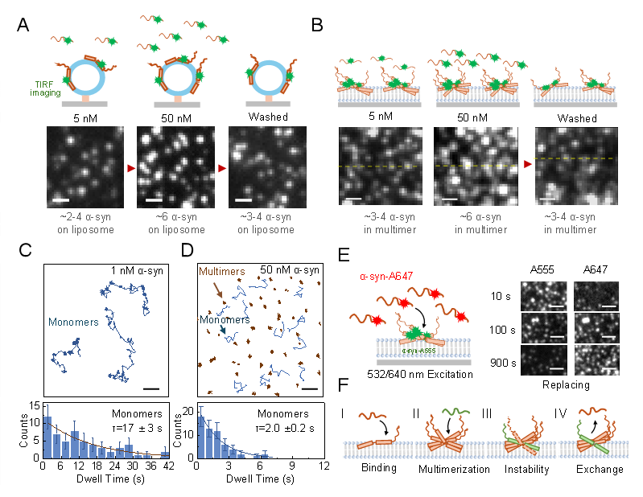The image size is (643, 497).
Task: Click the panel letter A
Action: pyautogui.click(x=25, y=25)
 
